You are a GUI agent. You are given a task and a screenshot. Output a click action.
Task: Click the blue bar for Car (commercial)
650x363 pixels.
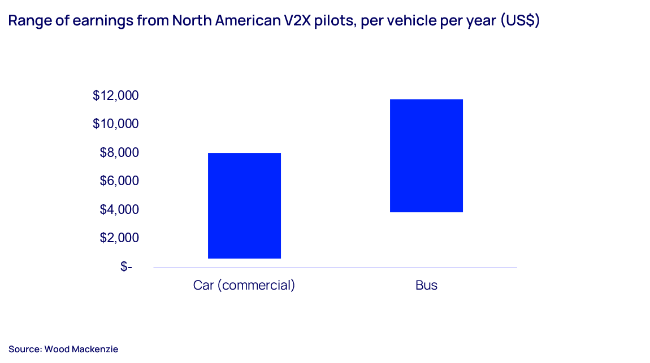click(x=244, y=205)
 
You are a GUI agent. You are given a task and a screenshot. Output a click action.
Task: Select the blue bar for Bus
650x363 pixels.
click(x=426, y=156)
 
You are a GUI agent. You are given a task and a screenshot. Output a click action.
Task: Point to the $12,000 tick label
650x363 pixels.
click(x=115, y=95)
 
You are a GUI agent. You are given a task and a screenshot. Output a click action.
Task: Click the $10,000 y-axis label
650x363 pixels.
click(x=115, y=124)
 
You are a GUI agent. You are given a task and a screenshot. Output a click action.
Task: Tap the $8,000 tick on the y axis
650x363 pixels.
click(x=119, y=152)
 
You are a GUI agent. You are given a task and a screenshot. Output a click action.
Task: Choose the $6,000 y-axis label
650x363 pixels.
click(x=119, y=181)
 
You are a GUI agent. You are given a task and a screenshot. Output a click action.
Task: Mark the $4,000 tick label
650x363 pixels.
click(x=119, y=209)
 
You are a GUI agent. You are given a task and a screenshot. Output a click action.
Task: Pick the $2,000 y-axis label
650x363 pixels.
click(x=119, y=238)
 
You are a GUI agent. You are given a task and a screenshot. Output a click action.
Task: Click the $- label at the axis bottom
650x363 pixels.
click(x=126, y=266)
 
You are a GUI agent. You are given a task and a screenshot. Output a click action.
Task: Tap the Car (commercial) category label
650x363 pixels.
click(x=244, y=285)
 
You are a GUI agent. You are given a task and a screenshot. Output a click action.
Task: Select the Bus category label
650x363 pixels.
click(x=426, y=285)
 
